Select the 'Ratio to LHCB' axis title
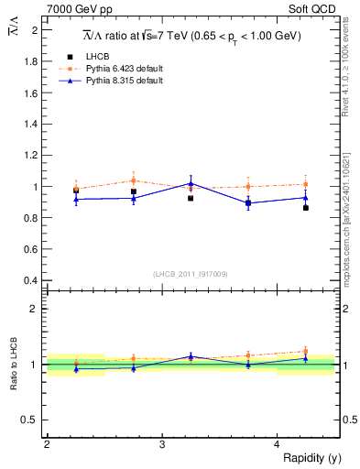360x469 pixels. pos(14,364)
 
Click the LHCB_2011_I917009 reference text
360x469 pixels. pos(191,274)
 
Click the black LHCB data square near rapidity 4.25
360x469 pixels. pos(305,208)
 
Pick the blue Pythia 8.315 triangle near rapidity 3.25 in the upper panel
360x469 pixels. pos(191,183)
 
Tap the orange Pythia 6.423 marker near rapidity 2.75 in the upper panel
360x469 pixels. pos(134,180)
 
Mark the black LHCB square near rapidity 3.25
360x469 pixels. pos(191,198)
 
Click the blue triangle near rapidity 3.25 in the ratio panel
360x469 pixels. pos(191,356)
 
